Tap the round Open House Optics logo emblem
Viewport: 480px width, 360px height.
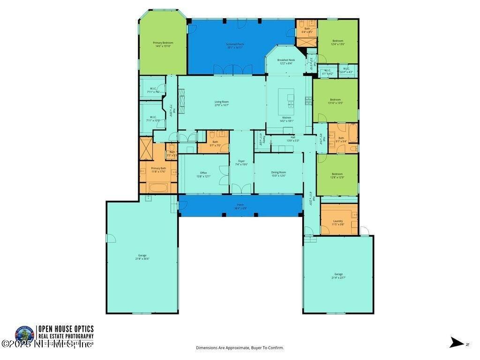(x=24, y=335)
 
